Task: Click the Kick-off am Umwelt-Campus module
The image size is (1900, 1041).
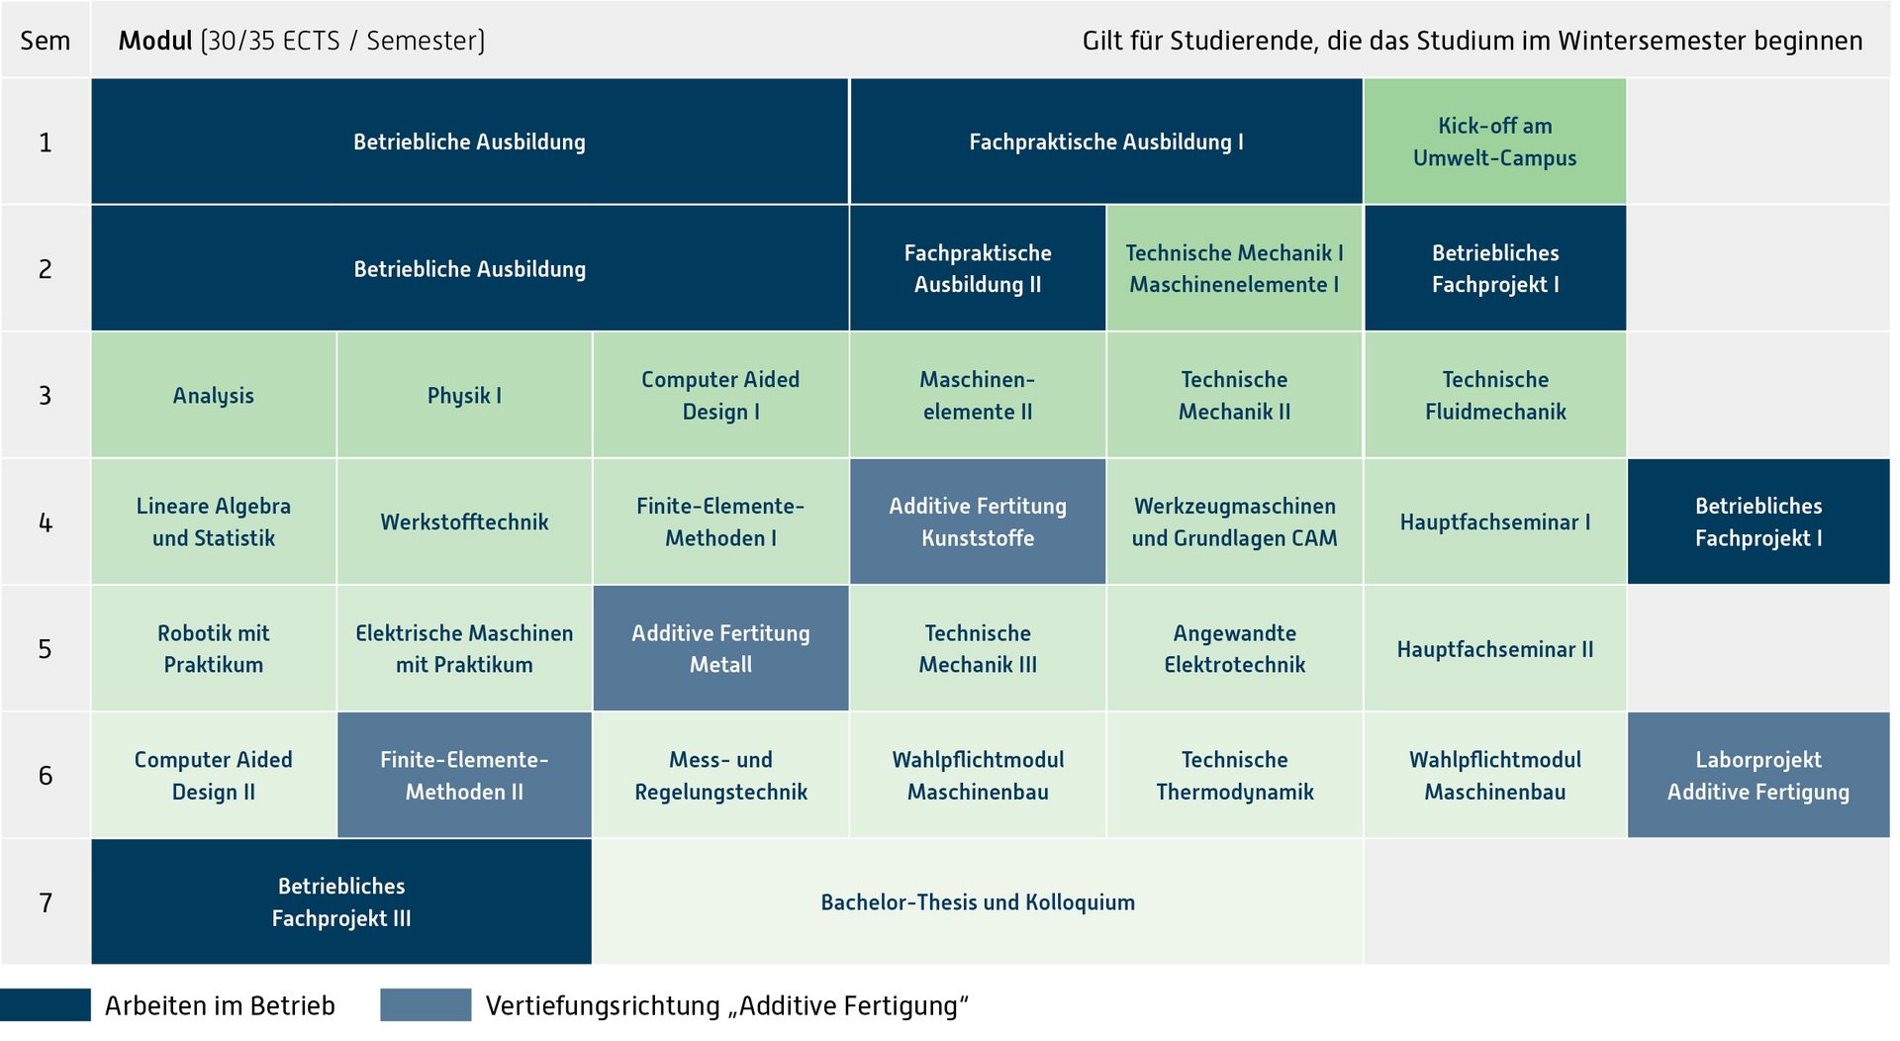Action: (1494, 142)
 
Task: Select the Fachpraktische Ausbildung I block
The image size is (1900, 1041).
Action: (1106, 142)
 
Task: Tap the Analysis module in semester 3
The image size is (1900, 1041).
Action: (214, 395)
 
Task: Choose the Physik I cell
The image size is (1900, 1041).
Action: (464, 395)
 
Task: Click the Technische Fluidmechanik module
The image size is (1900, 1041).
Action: (1494, 395)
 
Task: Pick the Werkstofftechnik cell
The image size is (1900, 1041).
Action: (464, 521)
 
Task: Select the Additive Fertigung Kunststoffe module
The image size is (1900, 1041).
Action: (978, 521)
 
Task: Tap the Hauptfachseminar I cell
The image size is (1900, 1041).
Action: (1494, 521)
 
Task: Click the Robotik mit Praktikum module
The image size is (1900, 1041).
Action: (214, 648)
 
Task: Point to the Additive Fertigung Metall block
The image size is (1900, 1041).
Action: (720, 648)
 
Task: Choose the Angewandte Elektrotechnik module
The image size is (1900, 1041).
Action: (1234, 648)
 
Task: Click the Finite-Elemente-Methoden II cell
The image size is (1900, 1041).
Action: (464, 775)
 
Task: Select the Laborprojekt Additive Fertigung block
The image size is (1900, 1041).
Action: (1758, 775)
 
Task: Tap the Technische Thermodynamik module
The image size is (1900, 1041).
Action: (1234, 775)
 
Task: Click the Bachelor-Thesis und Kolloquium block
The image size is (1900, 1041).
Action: (978, 901)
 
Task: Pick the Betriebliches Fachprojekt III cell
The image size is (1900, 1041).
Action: (341, 901)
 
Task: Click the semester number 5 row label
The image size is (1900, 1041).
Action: (46, 649)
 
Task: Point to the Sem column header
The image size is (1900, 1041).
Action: (46, 41)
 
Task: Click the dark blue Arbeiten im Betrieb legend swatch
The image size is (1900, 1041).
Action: (46, 1004)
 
